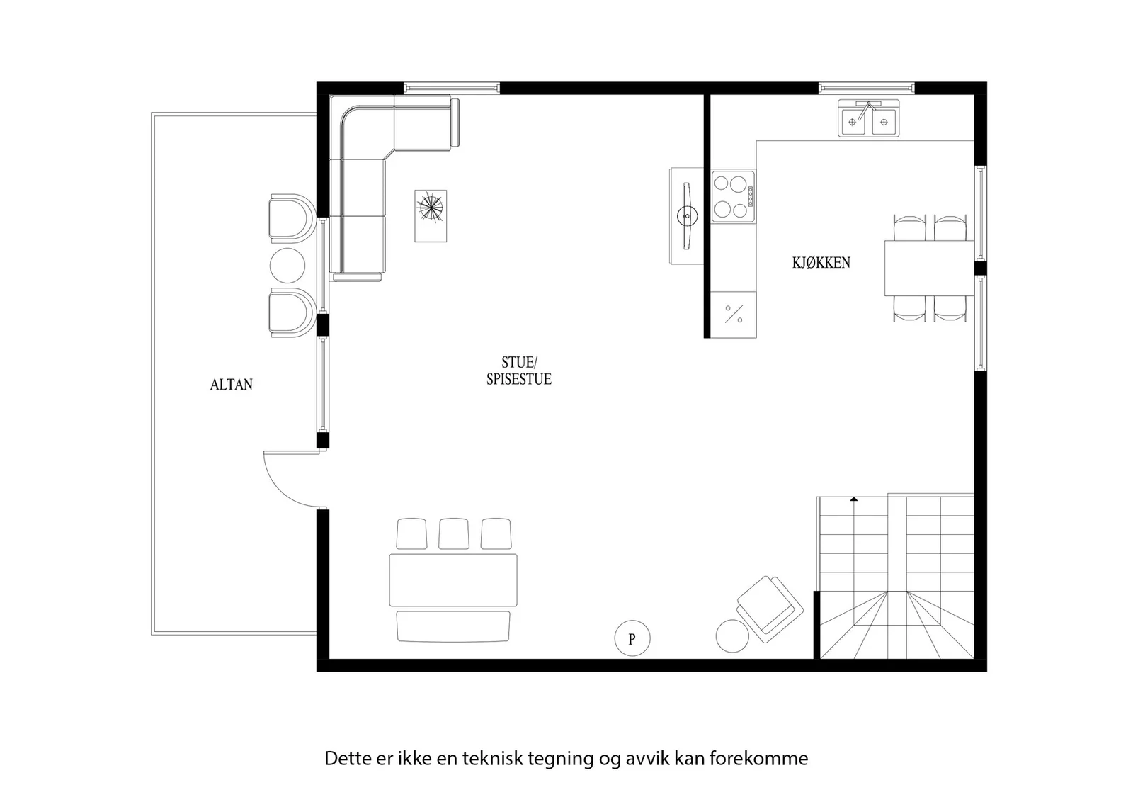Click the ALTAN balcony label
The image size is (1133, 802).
[x=231, y=385]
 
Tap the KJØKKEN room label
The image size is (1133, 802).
[x=821, y=263]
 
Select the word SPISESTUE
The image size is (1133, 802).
[x=519, y=379]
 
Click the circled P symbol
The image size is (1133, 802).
[x=632, y=638]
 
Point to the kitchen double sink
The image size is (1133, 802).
[x=868, y=118]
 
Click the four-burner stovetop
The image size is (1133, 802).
[x=734, y=196]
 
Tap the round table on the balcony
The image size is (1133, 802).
[x=287, y=266]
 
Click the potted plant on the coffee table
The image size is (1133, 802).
[x=431, y=208]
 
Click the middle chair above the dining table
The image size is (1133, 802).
[x=454, y=533]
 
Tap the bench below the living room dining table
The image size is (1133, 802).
[x=453, y=626]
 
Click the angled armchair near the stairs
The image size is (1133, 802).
[x=770, y=609]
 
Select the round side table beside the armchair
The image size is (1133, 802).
[x=732, y=636]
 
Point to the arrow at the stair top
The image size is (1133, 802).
[x=854, y=499]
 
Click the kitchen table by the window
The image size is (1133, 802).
[x=930, y=269]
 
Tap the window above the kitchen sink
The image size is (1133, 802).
[x=867, y=88]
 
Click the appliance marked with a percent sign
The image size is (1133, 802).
[x=734, y=315]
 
